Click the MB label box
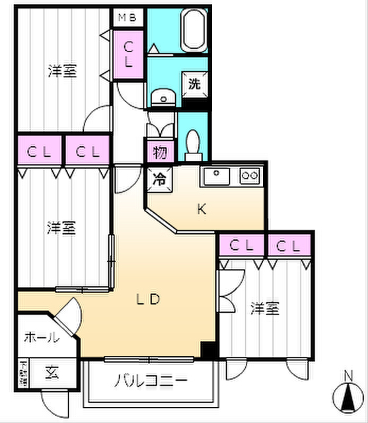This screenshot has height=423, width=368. [128, 18]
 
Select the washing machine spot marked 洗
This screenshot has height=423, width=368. [195, 84]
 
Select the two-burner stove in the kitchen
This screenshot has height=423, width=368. [250, 176]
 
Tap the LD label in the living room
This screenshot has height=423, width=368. [149, 298]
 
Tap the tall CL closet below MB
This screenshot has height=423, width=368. [128, 55]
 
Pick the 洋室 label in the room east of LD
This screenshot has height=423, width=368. [264, 308]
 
